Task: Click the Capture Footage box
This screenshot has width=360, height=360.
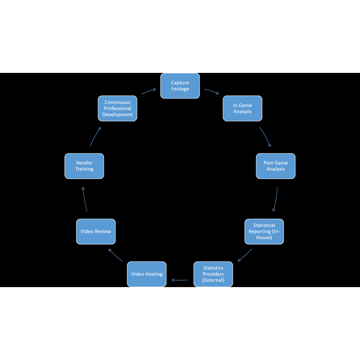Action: click(x=180, y=86)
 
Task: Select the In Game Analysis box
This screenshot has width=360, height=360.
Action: click(x=243, y=108)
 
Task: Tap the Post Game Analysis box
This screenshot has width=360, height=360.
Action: click(x=276, y=166)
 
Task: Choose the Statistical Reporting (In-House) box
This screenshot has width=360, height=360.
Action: click(x=264, y=231)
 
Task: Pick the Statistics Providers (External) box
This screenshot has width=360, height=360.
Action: click(x=213, y=274)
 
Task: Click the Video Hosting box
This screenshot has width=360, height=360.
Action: click(x=147, y=274)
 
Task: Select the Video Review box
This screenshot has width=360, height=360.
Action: click(x=96, y=231)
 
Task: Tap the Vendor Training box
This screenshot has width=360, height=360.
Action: click(x=84, y=166)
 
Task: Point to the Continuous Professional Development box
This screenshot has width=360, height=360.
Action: click(x=117, y=108)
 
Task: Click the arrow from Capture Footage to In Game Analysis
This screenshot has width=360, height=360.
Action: click(x=211, y=91)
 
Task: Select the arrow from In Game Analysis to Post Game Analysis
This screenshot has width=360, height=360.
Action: click(x=265, y=136)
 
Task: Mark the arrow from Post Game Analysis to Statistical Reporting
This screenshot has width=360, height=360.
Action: click(x=276, y=199)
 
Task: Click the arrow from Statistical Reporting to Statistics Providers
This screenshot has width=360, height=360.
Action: click(x=245, y=256)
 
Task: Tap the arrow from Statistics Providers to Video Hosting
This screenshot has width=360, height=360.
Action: click(x=180, y=280)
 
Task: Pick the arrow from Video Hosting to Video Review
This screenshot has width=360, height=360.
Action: click(x=115, y=255)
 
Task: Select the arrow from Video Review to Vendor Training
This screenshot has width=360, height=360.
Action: click(x=84, y=199)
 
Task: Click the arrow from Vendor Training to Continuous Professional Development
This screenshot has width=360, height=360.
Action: click(x=94, y=136)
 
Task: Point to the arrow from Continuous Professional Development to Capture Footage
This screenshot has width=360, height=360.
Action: click(x=148, y=91)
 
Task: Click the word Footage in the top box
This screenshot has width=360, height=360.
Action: click(x=180, y=89)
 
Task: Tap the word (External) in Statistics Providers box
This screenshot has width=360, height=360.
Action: click(x=213, y=280)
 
